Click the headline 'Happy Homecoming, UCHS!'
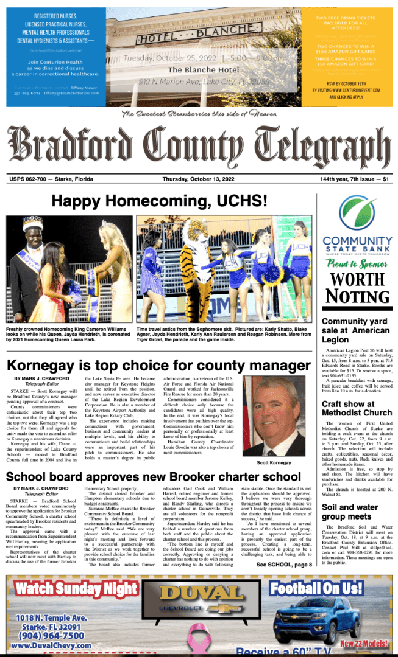tap(158, 201)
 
